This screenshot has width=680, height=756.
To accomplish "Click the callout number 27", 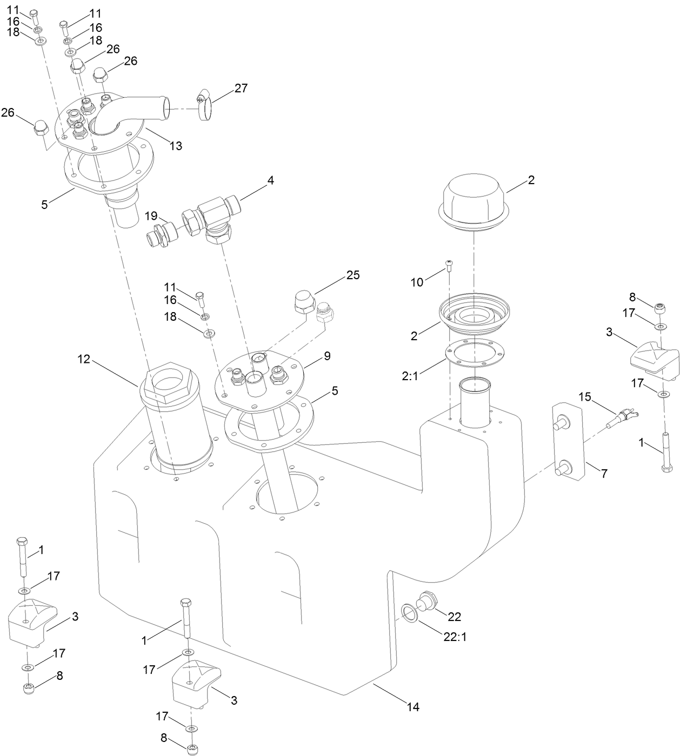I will coord(241,88).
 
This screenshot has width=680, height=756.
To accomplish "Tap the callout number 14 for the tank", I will coord(412,707).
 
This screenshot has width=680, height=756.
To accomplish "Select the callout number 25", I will coord(352,275).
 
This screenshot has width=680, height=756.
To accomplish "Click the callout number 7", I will coord(604,474).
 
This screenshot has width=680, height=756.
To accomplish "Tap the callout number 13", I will coord(175,145).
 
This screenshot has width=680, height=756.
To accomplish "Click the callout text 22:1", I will coord(455,637).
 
